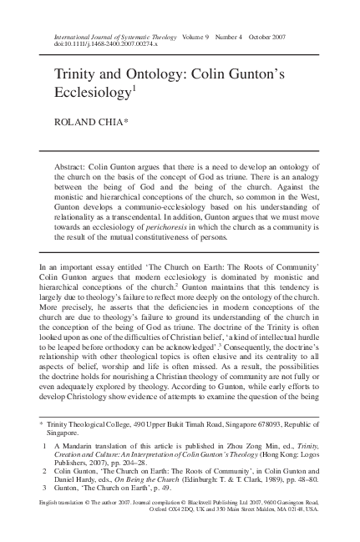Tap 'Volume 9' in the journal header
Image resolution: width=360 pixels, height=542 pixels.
click(x=200, y=35)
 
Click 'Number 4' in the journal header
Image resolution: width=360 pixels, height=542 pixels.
click(x=236, y=35)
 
